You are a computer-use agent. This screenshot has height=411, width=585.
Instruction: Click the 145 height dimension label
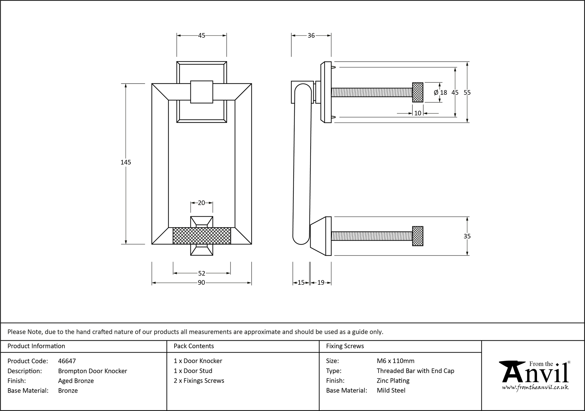pyautogui.click(x=126, y=162)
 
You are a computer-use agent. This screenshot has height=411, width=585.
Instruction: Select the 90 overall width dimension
pyautogui.click(x=201, y=283)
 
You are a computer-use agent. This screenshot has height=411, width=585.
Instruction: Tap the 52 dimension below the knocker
pyautogui.click(x=202, y=273)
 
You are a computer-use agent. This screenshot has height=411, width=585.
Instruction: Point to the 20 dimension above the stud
pyautogui.click(x=201, y=203)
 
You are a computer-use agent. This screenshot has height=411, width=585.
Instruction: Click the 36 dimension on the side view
pyautogui.click(x=311, y=35)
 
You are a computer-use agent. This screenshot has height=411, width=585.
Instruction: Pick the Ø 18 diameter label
pyautogui.click(x=441, y=92)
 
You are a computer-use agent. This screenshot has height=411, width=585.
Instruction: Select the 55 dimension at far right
pyautogui.click(x=467, y=92)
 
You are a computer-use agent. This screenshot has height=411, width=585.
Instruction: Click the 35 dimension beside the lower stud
pyautogui.click(x=467, y=236)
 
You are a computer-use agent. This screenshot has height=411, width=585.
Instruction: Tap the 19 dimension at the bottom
pyautogui.click(x=321, y=283)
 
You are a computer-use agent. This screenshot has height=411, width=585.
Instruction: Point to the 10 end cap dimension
pyautogui.click(x=418, y=113)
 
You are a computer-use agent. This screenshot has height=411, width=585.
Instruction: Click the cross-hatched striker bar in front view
pyautogui.click(x=202, y=236)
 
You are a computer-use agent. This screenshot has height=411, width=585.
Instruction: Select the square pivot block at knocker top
pyautogui.click(x=202, y=92)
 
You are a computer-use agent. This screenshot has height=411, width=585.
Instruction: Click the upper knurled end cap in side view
pyautogui.click(x=418, y=92)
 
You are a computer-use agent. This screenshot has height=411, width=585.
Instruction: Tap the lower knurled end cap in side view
pyautogui.click(x=418, y=236)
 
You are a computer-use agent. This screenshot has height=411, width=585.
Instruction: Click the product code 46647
pyautogui.click(x=67, y=361)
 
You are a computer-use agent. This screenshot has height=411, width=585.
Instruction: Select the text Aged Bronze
pyautogui.click(x=76, y=381)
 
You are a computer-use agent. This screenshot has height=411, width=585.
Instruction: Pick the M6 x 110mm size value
pyautogui.click(x=395, y=361)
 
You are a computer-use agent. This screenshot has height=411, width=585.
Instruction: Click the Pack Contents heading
pyautogui.click(x=194, y=346)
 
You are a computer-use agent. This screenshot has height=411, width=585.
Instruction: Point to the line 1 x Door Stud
pyautogui.click(x=193, y=371)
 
